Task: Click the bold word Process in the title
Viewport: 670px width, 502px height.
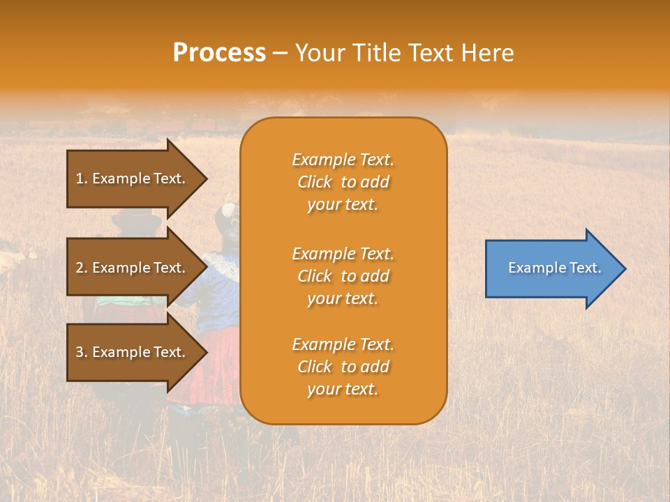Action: click(219, 53)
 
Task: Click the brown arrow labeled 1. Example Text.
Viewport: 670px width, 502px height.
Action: click(133, 178)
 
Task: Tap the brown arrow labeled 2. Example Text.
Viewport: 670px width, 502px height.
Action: click(133, 268)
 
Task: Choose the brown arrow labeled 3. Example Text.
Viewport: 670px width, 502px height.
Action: click(133, 352)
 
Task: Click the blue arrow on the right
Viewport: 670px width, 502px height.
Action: click(551, 268)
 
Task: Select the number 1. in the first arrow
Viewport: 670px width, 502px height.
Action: click(82, 178)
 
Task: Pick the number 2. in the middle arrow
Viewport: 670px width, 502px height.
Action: click(82, 268)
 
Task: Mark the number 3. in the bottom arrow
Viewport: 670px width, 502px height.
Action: click(82, 352)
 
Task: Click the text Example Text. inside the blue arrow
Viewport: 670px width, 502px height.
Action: click(554, 268)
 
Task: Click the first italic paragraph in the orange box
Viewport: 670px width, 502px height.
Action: click(343, 182)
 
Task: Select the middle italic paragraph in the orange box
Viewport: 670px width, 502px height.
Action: click(343, 276)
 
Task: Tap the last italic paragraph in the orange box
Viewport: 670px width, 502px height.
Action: click(343, 367)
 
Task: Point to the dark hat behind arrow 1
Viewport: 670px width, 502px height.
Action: click(136, 222)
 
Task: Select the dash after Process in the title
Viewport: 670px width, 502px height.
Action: click(281, 54)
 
